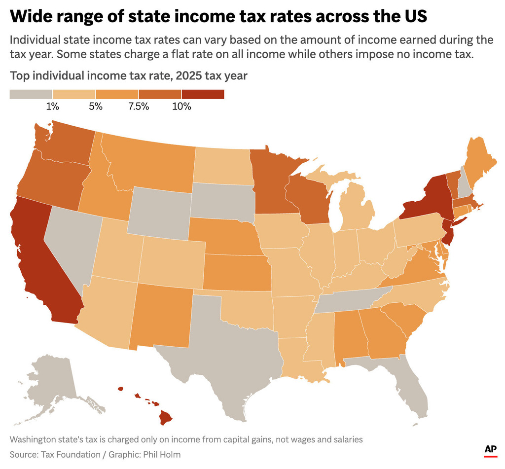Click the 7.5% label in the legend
(x=139, y=107)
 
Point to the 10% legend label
(x=181, y=107)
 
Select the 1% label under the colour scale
(x=53, y=107)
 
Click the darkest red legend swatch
(x=203, y=94)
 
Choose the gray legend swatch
(x=31, y=94)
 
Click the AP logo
(x=490, y=449)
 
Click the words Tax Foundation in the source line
(x=63, y=454)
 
